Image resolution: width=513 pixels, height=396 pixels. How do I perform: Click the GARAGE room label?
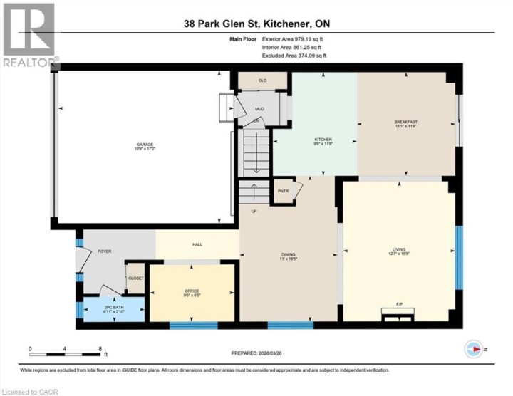pos(145,145)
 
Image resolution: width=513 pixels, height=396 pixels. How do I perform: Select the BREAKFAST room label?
pos(405,122)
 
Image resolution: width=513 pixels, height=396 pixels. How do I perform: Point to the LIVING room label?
pos(398,249)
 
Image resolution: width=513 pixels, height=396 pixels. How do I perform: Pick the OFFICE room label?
pos(191,291)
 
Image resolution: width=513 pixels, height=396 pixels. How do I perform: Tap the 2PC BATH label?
pos(114,308)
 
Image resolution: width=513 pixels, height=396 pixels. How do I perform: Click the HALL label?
pos(197,244)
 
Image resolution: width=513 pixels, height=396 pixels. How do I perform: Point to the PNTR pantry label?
pos(282,191)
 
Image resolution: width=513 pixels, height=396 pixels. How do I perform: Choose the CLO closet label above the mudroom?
pos(262,81)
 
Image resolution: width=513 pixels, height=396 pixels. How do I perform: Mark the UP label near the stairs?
pos(253,211)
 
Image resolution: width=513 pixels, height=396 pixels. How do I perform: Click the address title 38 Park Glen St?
pos(256,25)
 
